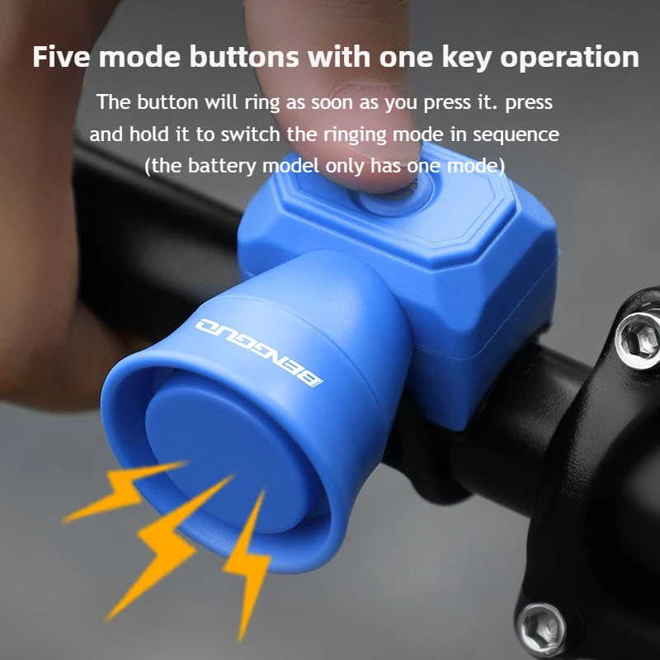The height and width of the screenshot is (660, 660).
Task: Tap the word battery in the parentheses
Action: pyautogui.click(x=224, y=165)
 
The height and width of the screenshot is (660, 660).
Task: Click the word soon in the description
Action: pyautogui.click(x=326, y=104)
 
